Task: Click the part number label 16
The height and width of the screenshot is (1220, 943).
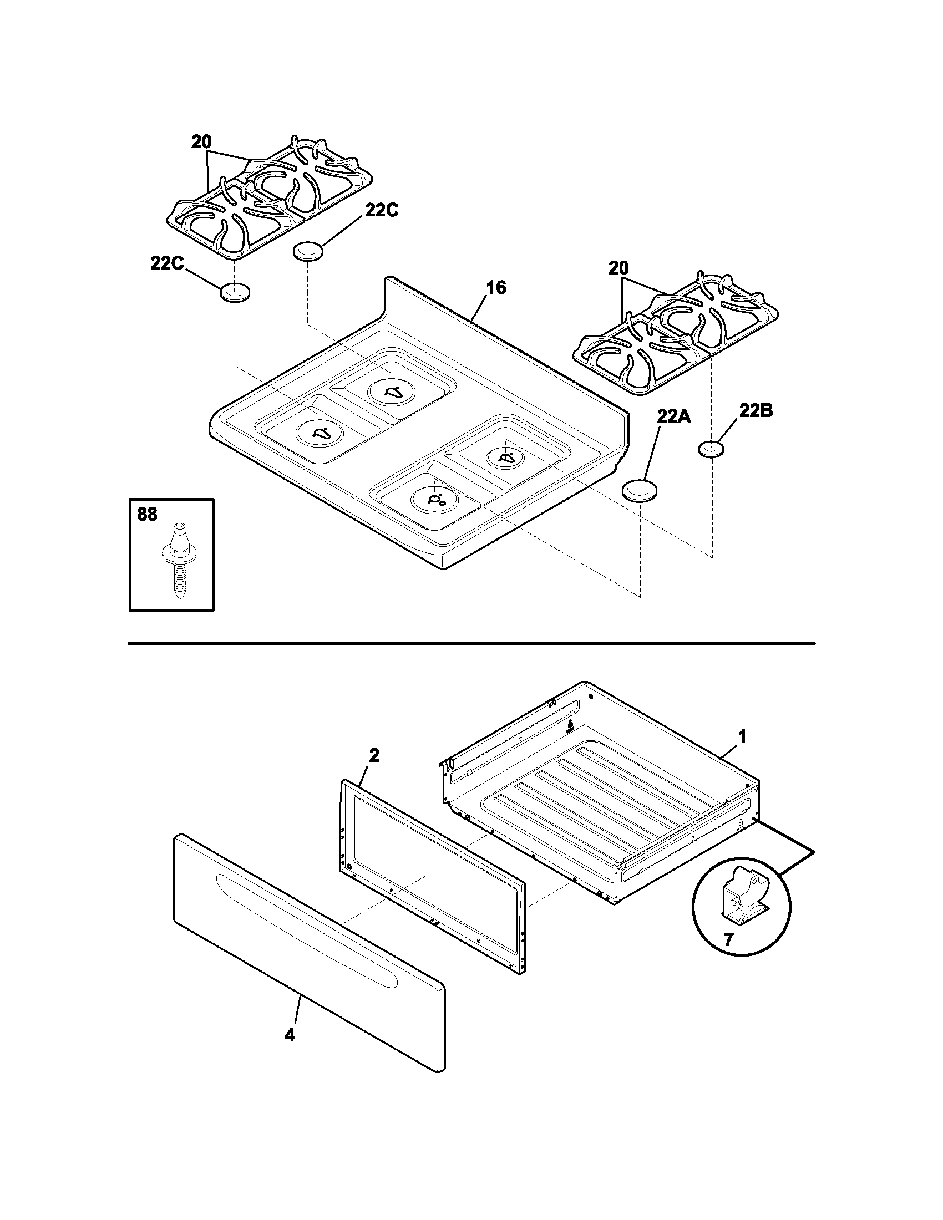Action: pos(495,288)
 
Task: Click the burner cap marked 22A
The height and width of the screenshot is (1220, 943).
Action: pos(640,490)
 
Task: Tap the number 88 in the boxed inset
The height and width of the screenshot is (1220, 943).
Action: pos(147,514)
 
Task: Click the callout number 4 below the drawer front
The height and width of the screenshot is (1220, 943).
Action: pos(290,1035)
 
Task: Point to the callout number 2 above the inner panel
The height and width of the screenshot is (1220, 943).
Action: pos(374,756)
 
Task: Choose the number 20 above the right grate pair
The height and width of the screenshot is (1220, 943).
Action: pos(618,268)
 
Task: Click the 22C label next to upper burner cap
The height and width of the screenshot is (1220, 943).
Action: pos(382,210)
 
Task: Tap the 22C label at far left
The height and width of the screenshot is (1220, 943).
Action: pos(166,263)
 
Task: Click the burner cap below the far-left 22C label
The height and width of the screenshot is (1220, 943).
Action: pos(235,292)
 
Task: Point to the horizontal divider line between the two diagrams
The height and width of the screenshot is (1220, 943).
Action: pos(471,644)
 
